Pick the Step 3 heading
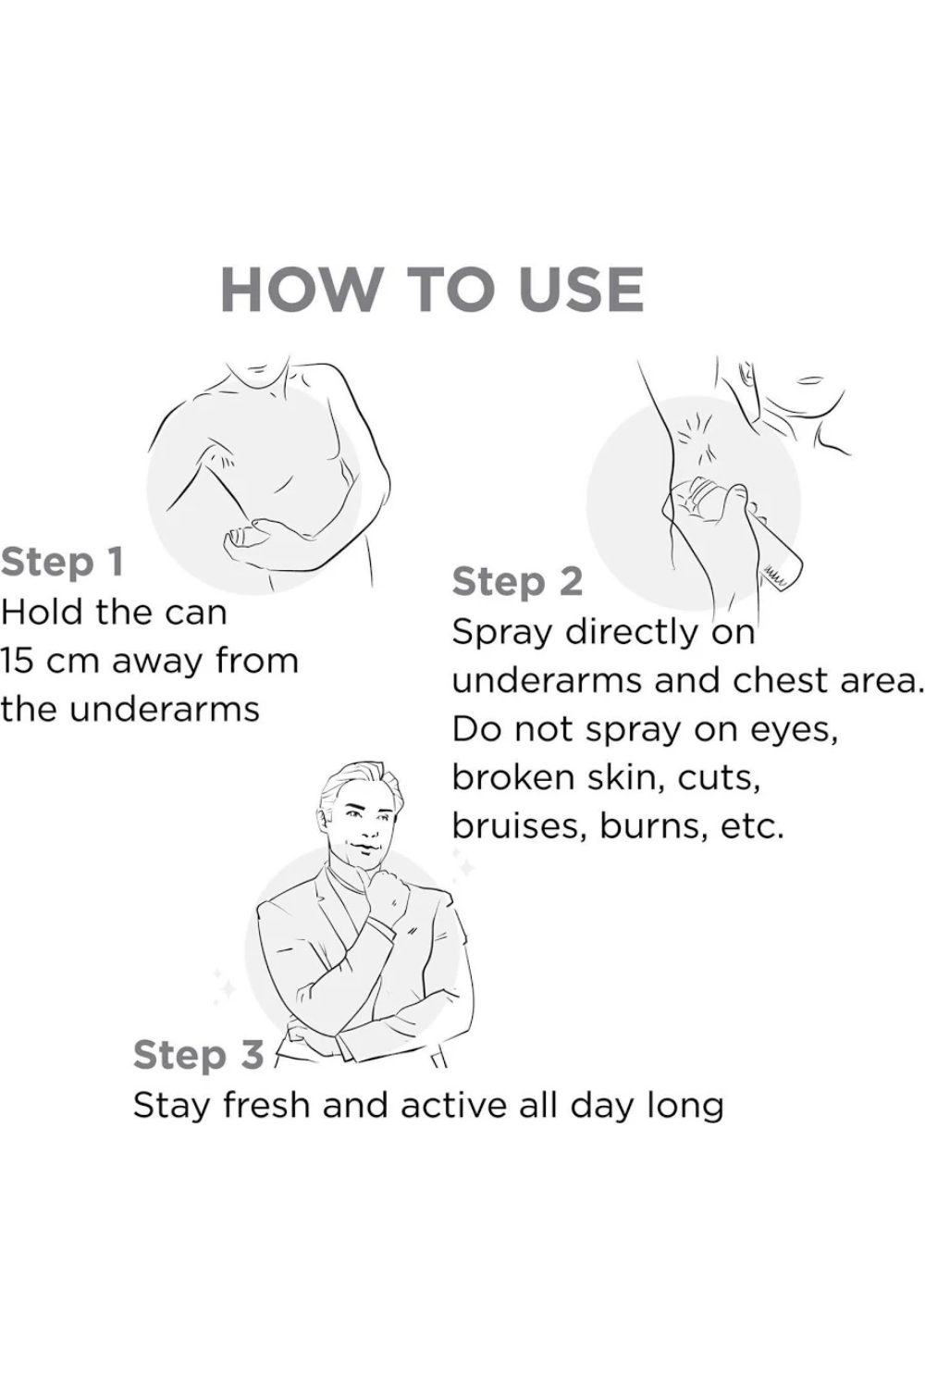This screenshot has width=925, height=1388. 198,1056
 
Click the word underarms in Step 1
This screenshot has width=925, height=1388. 164,710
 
